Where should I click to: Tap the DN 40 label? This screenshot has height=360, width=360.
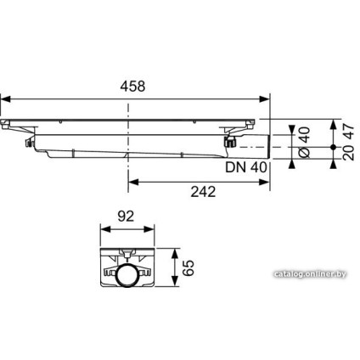click(248, 167)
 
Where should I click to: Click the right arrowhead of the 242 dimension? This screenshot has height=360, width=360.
click(268, 180)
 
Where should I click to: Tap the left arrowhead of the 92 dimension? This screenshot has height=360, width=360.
click(101, 228)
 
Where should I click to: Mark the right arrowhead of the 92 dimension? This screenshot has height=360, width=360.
click(156, 228)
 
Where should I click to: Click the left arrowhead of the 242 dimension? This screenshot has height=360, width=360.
click(131, 180)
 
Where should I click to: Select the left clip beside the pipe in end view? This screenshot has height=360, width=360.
click(111, 273)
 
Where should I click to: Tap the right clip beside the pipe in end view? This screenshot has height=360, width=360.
click(147, 273)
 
